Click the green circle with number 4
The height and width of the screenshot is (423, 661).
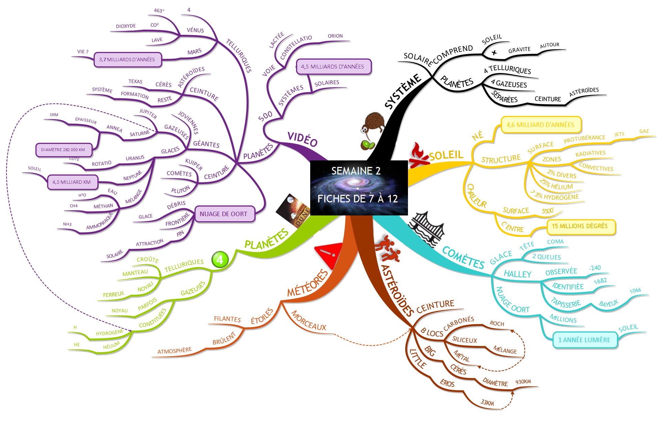tap(220, 260)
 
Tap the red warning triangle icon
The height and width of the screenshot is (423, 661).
tap(329, 255)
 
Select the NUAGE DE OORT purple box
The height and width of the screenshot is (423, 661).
tap(223, 214)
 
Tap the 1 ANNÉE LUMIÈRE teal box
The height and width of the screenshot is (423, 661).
tap(584, 340)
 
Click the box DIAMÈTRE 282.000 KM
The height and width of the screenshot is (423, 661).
tap(64, 150)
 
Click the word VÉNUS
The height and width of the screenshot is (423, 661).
tap(195, 30)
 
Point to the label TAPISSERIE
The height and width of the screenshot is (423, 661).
tap(566, 303)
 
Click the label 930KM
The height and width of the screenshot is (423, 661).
tap(523, 382)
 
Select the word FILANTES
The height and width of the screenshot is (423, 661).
tap(227, 319)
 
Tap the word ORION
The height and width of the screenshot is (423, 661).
tap(335, 36)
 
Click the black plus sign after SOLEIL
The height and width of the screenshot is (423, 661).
tap(494, 53)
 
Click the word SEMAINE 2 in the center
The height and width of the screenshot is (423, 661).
tap(356, 171)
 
